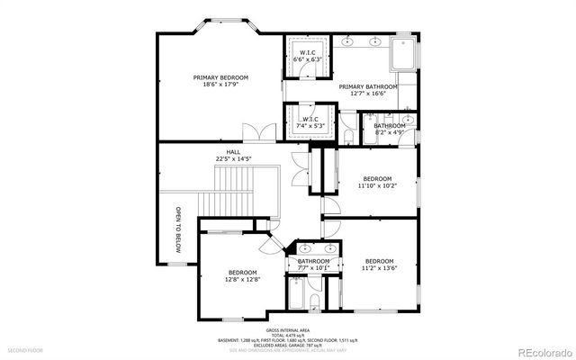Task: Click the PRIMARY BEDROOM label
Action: point(220,78)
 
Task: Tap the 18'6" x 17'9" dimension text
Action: point(220,86)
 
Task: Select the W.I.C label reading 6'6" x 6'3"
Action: point(307,53)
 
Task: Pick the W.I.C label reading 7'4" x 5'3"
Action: point(309,120)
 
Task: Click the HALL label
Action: point(233,152)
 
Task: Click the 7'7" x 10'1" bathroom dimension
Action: point(314,267)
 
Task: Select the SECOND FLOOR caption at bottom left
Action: point(26,349)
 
